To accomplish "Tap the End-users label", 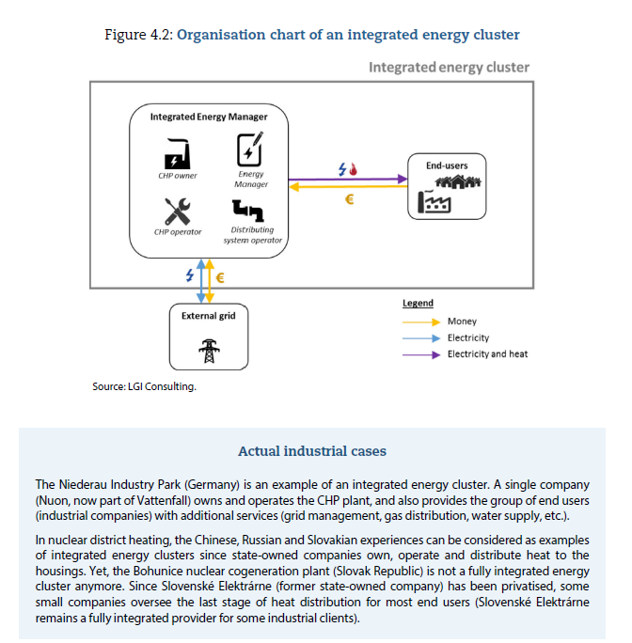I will pos(447,165).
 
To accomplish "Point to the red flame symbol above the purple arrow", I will pos(354,168).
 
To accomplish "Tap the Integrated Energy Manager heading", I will pos(209,117).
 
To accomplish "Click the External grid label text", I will pos(208,316).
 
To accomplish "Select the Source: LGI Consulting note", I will pos(144,385).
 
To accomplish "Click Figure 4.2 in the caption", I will pos(138,35).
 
